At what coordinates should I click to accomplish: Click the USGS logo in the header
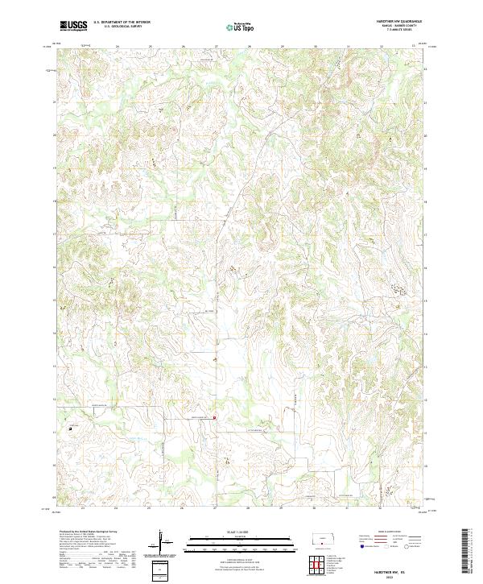point(73,26)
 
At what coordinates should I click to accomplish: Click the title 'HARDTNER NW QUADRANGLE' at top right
point(399,22)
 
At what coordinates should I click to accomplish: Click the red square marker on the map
point(215,417)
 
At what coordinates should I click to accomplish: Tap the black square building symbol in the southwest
point(71,429)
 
